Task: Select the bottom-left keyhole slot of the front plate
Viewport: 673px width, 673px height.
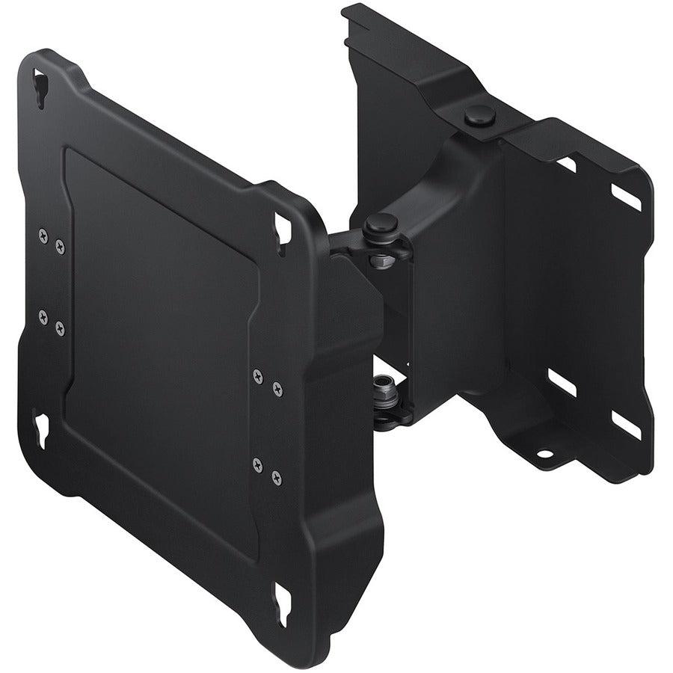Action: (40, 431)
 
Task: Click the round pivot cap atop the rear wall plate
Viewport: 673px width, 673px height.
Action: (479, 115)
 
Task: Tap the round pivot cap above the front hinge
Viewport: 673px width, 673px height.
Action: (381, 222)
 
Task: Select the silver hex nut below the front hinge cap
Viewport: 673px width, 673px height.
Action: (382, 259)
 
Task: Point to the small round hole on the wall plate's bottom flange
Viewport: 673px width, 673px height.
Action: (544, 453)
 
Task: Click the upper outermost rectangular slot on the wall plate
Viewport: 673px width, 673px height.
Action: (627, 196)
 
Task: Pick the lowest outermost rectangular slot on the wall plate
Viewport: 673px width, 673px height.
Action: (626, 425)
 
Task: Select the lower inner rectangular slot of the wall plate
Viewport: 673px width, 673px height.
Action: (562, 382)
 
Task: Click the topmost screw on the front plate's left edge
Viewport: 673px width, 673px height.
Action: (43, 235)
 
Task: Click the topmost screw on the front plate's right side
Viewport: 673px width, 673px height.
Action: (258, 376)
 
